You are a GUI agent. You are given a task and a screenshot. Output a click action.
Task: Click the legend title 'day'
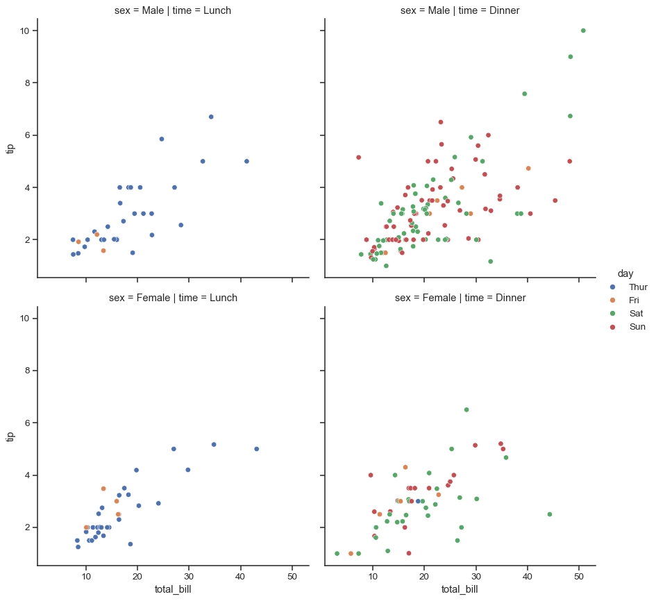625,273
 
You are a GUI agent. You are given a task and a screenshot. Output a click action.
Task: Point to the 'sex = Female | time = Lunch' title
173,298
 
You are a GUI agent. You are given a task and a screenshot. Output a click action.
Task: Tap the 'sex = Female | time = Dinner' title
460,298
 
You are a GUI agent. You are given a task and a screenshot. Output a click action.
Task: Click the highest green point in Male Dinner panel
583,31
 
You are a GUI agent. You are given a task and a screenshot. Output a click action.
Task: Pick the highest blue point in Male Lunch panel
211,117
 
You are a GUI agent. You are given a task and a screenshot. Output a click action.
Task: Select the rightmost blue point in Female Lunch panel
257,449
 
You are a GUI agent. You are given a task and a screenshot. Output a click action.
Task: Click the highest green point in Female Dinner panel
466,409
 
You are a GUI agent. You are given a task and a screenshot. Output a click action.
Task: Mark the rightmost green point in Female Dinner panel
550,514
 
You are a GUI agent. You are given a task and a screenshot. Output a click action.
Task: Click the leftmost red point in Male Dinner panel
358,158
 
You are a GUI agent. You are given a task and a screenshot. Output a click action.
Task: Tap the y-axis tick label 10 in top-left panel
24,31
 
